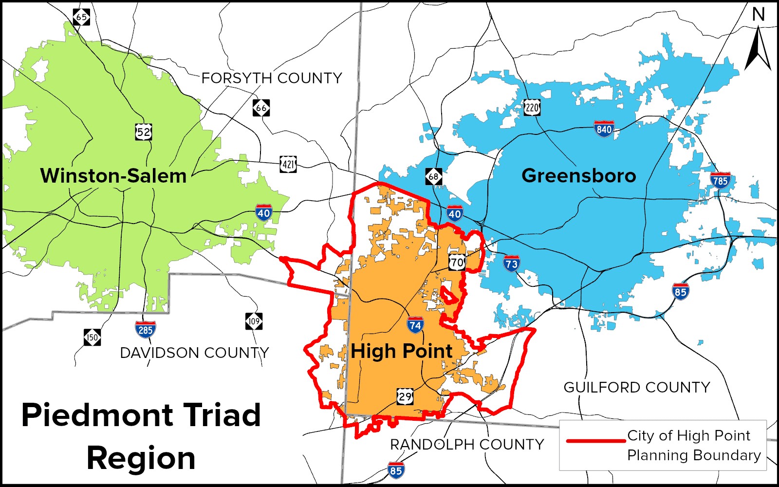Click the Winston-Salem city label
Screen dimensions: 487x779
pos(113,176)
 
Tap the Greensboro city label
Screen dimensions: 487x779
pos(578,175)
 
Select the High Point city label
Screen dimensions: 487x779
pos(401,351)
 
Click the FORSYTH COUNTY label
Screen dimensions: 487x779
pos(272,78)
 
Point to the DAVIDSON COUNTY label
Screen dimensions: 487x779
pos(194,353)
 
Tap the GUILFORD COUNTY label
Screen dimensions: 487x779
pos(637,387)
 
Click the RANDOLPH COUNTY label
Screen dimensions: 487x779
pos(467,444)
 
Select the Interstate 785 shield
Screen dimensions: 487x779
pos(720,180)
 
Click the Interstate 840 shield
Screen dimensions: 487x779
pos(604,129)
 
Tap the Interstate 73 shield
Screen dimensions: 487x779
pos(511,263)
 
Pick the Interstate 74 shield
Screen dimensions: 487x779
pos(415,325)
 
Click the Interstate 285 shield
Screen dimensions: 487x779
pos(146,330)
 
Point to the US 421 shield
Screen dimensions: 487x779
pos(288,164)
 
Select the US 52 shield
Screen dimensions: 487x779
pos(144,131)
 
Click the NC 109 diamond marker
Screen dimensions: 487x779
pos(254,321)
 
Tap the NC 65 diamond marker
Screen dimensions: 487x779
pos(81,17)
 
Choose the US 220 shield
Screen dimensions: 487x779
pos(532,107)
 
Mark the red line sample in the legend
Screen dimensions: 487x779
pos(596,441)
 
